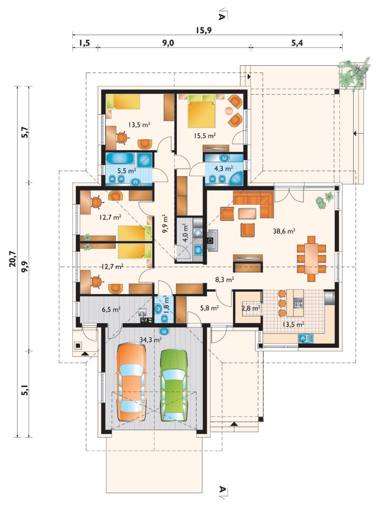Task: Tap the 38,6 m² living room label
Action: click(284, 231)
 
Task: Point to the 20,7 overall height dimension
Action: click(13, 258)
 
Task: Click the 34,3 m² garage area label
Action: click(151, 340)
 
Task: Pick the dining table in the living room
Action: click(311, 258)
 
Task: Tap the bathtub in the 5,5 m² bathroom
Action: click(121, 159)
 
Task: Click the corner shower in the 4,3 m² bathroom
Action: click(237, 179)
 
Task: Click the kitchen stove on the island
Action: click(298, 303)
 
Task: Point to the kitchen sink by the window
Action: click(306, 338)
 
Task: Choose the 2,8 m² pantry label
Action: click(251, 308)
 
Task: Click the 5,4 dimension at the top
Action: click(297, 43)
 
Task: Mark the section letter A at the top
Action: click(222, 16)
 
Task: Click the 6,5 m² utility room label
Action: click(111, 309)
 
